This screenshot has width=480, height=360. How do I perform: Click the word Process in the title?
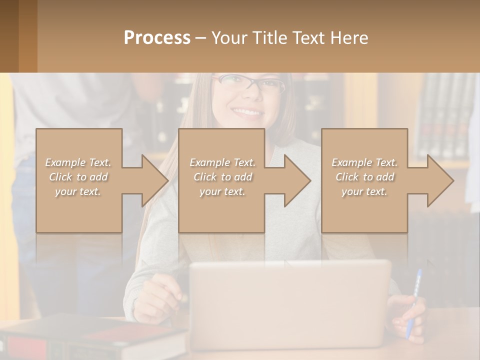pos(157,37)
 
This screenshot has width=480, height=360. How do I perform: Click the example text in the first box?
pos(78,176)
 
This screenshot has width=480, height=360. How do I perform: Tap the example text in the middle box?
pos(222,176)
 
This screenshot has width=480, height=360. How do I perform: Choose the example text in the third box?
pos(364,176)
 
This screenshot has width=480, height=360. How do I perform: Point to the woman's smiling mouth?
pos(247,112)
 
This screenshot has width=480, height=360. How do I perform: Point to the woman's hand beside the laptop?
pos(157,297)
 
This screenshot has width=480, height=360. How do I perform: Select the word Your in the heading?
pos(229,37)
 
